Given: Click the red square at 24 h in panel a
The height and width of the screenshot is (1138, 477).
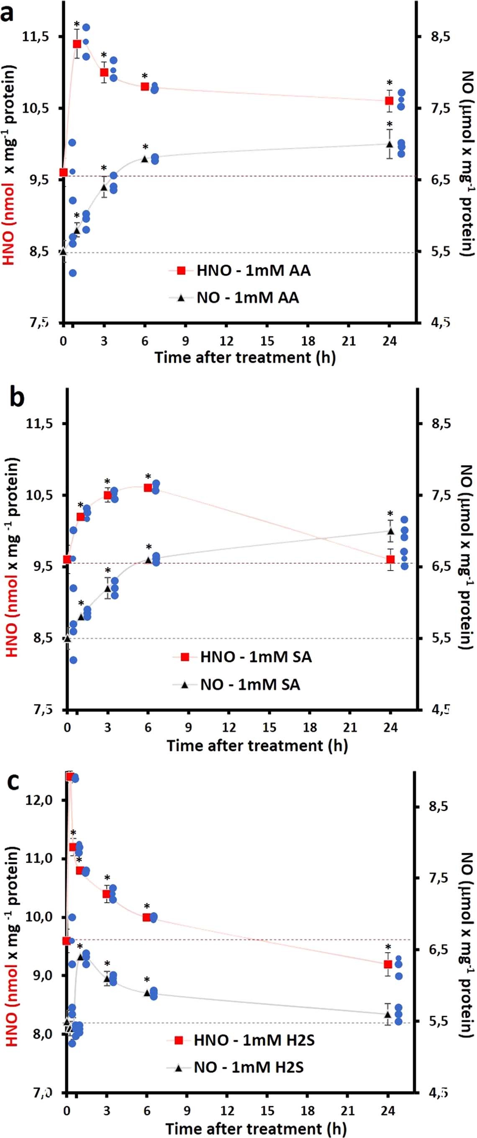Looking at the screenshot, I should pyautogui.click(x=389, y=101).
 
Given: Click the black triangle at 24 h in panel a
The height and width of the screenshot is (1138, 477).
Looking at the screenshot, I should pyautogui.click(x=389, y=144).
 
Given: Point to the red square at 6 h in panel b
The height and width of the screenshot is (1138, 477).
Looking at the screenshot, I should pyautogui.click(x=148, y=488).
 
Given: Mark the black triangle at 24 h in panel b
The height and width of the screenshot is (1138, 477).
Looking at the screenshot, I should pyautogui.click(x=390, y=531).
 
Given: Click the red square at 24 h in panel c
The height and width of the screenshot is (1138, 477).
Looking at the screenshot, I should pyautogui.click(x=388, y=964).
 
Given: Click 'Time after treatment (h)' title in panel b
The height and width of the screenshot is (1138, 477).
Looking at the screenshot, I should pyautogui.click(x=257, y=746).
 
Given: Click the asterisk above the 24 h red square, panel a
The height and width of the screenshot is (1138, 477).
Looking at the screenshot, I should pyautogui.click(x=389, y=83).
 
